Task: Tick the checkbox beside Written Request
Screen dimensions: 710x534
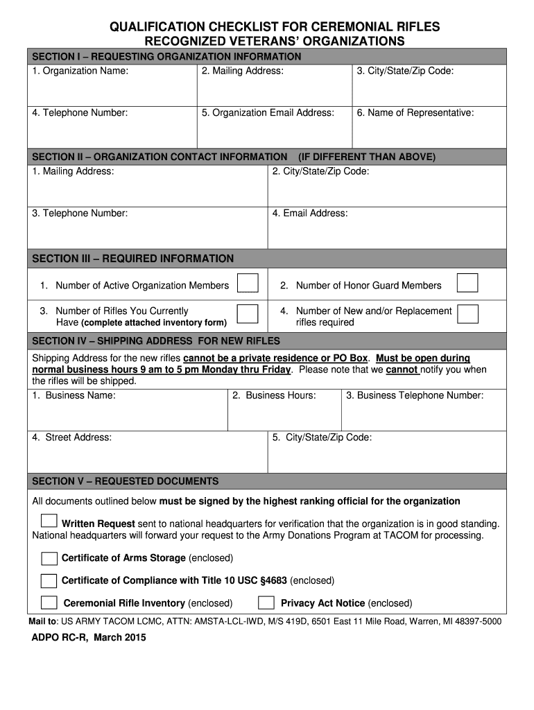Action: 49,521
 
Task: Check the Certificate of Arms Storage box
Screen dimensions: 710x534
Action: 49,559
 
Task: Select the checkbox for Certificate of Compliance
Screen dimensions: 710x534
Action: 49,580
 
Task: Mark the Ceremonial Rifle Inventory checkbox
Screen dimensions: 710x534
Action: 49,603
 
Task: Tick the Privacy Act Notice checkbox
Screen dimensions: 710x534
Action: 266,603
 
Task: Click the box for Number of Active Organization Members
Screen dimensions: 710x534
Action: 248,284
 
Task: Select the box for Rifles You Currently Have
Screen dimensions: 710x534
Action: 248,314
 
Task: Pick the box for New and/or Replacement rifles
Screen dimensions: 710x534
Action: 467,314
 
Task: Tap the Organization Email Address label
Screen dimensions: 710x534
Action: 268,113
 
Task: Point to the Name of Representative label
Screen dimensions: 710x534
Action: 415,113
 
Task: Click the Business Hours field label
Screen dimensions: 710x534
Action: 274,395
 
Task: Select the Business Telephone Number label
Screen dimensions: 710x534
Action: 415,395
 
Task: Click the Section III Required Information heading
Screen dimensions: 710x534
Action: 133,259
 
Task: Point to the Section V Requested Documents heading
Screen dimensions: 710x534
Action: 126,481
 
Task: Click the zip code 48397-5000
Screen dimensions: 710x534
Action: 475,621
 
